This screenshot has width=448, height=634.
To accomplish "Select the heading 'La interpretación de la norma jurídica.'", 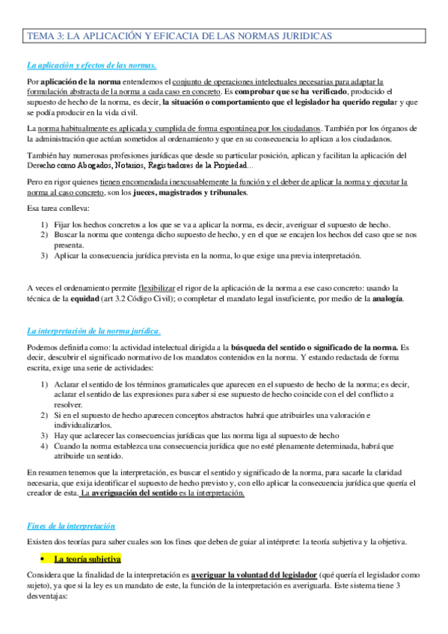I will point(93,330).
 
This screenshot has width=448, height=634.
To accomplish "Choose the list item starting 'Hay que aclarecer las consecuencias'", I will point(196,435).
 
